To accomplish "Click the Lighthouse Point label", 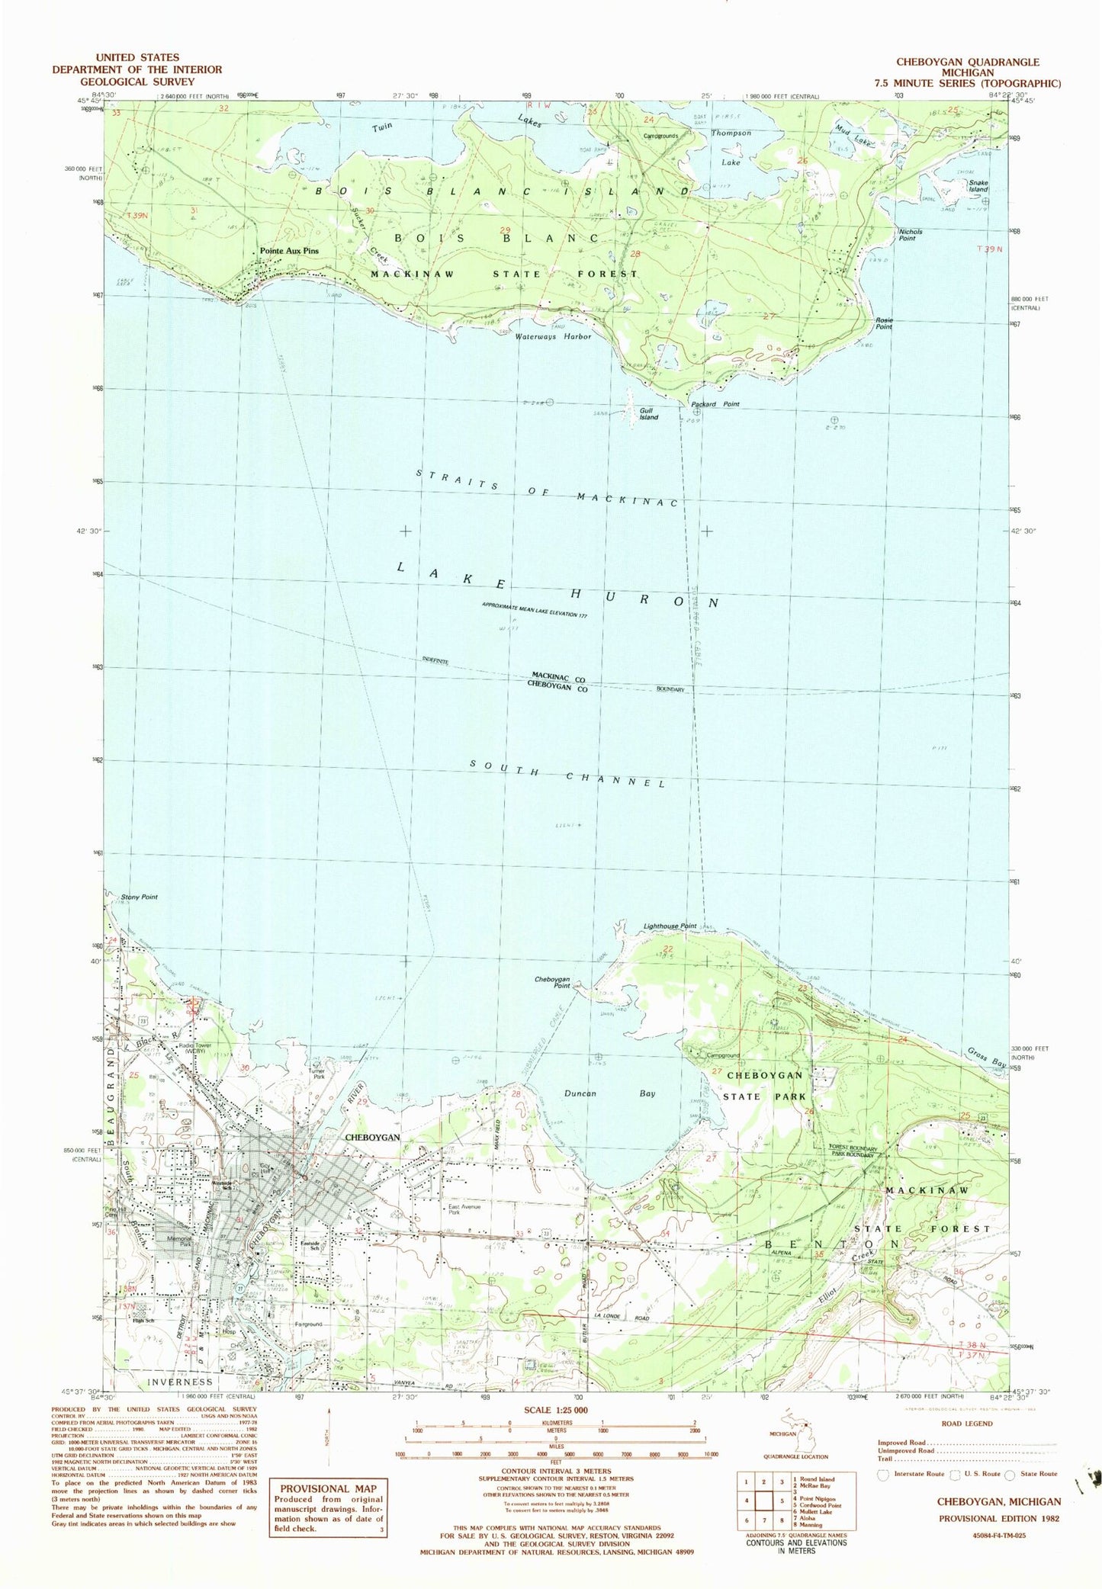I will (668, 926).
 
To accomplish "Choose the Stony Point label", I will (140, 897).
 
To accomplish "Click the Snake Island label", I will (978, 185).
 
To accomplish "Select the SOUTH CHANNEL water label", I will (568, 772).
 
